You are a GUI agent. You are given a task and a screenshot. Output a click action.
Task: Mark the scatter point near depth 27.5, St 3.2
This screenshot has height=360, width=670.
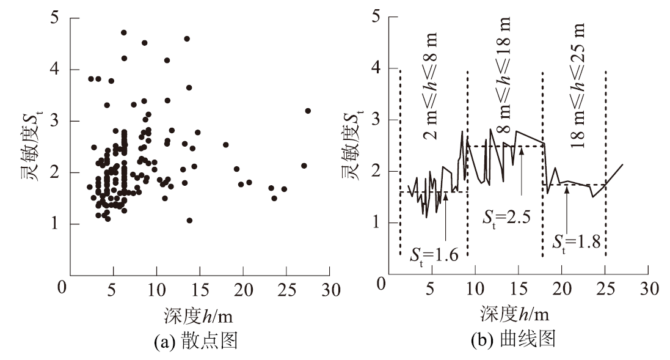[308, 111]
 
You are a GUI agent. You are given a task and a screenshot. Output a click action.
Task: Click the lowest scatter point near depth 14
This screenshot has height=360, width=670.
[189, 221]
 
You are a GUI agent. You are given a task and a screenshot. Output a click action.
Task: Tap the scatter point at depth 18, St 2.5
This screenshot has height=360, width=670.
[226, 145]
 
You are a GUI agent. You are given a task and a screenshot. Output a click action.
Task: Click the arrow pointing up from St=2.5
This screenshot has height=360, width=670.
[522, 171]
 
